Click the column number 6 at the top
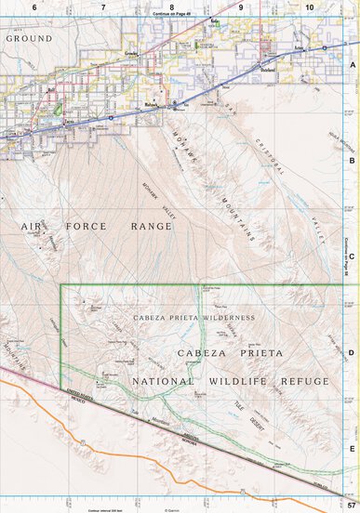(x=34, y=7)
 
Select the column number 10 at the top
(x=309, y=7)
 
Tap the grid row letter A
(x=353, y=66)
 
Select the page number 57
(x=352, y=504)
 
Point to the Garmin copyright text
(x=172, y=509)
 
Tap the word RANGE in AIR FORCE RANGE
(x=151, y=227)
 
